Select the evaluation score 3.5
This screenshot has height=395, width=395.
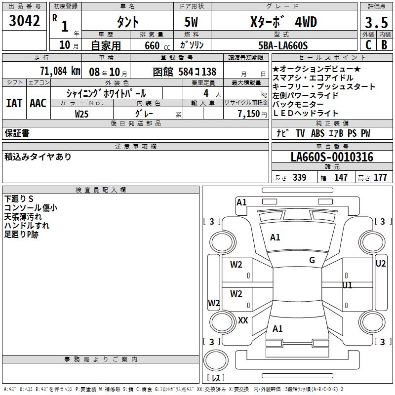tap(376, 22)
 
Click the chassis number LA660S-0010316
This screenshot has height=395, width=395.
tap(332, 158)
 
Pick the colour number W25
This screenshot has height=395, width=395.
tap(82, 113)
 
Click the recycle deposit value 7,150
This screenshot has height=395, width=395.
tap(252, 113)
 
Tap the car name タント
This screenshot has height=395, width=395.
tap(127, 22)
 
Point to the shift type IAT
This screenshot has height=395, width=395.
tap(14, 103)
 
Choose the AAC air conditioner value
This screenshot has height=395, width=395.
tap(38, 103)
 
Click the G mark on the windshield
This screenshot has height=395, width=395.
tap(312, 260)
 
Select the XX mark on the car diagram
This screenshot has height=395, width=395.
tap(243, 320)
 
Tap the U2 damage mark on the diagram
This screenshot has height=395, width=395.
tap(380, 264)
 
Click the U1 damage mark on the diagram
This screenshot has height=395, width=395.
tap(347, 285)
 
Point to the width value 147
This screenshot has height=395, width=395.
tap(341, 178)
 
